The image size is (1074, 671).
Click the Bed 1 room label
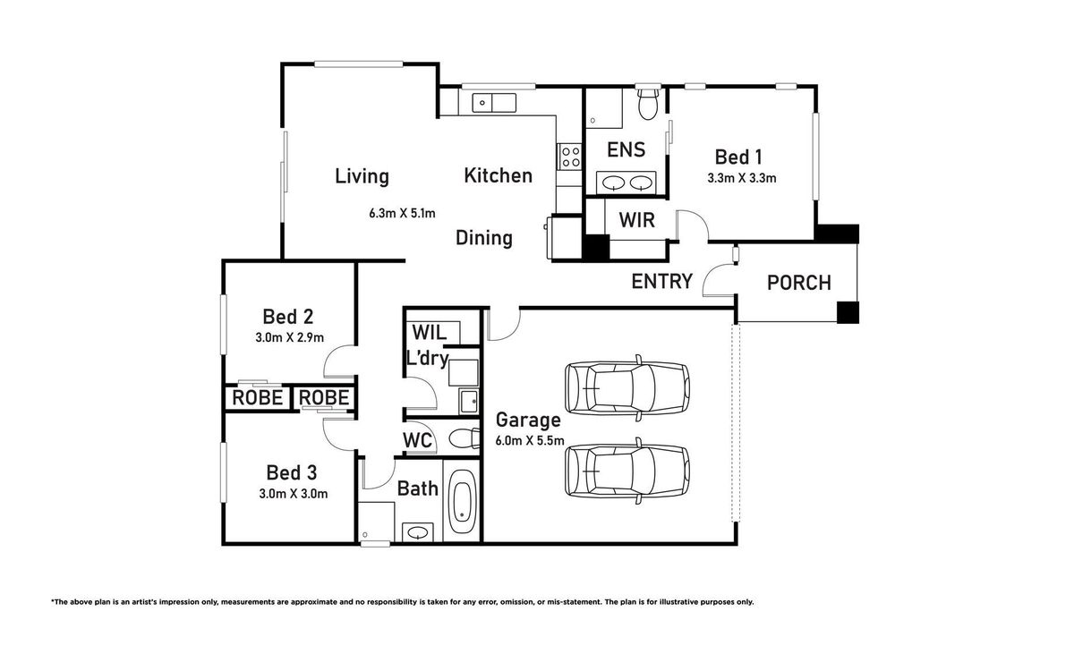click(738, 157)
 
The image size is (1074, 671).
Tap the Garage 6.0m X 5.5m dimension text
click(530, 440)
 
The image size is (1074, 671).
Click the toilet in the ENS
click(648, 103)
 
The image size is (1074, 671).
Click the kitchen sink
click(494, 103)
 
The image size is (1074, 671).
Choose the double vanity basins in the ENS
click(626, 183)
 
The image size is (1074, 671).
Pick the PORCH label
click(798, 283)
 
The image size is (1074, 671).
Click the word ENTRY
click(662, 281)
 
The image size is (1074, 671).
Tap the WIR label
click(636, 220)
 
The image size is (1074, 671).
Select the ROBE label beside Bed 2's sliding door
click(258, 398)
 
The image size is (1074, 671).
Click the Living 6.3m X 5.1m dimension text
click(402, 213)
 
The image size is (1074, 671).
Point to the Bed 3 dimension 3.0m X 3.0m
click(294, 494)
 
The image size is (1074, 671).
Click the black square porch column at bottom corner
click(848, 312)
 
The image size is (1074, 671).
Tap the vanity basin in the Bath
click(418, 532)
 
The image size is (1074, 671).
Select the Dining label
click(484, 238)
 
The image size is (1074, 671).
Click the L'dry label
click(427, 358)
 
